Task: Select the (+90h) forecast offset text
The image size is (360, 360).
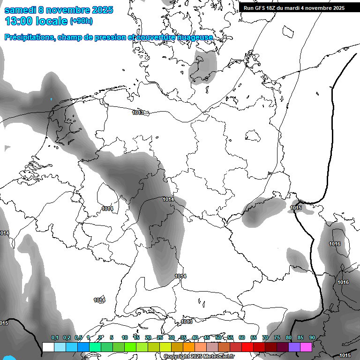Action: [81, 21]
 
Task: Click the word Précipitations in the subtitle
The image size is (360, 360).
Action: [29, 37]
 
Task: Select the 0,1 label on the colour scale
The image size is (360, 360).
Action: [54, 338]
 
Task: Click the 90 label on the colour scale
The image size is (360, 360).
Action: [312, 338]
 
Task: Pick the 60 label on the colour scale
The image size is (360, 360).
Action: [242, 338]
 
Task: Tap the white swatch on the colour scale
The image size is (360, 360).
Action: [48, 347]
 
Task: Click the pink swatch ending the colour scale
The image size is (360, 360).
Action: [306, 347]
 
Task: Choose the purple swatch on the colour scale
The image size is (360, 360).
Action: [294, 347]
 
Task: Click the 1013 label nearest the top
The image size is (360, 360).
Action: [138, 112]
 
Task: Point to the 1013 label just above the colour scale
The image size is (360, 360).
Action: [187, 322]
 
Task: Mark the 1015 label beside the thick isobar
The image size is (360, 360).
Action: [296, 208]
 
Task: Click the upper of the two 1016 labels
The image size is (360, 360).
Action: [335, 244]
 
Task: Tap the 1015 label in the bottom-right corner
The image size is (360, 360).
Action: [345, 355]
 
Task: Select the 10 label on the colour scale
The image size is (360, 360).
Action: [125, 338]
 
